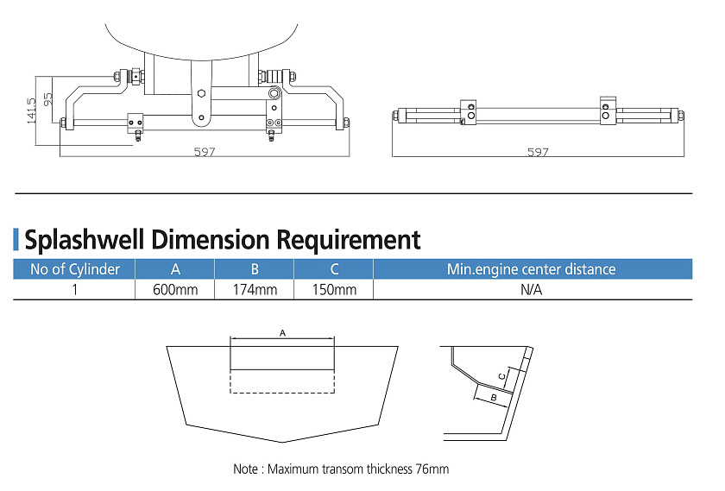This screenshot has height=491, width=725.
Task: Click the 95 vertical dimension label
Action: tap(48, 98)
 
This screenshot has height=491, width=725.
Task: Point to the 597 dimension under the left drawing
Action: tap(204, 152)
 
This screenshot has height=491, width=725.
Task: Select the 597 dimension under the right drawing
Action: tap(537, 152)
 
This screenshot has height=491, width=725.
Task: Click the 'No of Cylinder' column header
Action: tap(75, 269)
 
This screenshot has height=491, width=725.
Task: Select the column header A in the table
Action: tap(175, 269)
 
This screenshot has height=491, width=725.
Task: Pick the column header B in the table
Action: tap(255, 269)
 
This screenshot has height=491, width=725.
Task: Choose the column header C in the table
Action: tap(334, 269)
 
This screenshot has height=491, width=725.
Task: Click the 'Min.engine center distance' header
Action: tap(531, 269)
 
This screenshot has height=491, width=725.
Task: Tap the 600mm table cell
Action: tap(175, 290)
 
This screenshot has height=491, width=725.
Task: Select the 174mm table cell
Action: tap(255, 290)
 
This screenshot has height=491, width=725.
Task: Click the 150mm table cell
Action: tap(334, 290)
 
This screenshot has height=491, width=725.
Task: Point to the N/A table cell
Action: tap(531, 290)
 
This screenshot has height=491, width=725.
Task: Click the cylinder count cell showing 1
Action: tap(75, 290)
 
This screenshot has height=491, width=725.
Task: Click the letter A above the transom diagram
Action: tap(282, 332)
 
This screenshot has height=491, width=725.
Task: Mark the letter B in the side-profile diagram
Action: tap(493, 398)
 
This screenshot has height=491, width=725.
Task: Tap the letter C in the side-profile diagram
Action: tap(503, 375)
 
